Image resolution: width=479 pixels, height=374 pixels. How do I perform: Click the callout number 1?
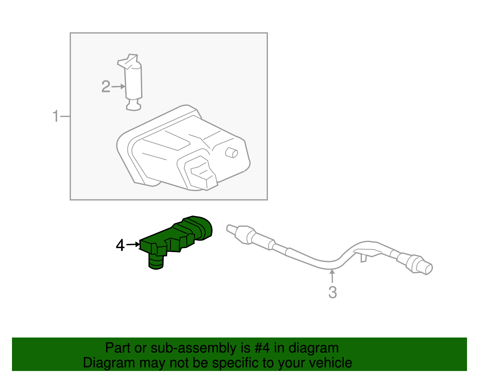pyautogui.click(x=56, y=116)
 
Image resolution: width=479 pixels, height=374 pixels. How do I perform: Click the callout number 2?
pyautogui.click(x=106, y=87)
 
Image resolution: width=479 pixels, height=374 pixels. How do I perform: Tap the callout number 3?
pyautogui.click(x=333, y=292)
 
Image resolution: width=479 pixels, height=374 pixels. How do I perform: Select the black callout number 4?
pyautogui.click(x=120, y=246)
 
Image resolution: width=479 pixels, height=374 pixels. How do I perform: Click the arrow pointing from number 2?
pyautogui.click(x=119, y=87)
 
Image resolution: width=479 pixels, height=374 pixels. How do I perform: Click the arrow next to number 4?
pyautogui.click(x=133, y=245)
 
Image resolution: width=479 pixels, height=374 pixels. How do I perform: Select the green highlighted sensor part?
pyautogui.click(x=177, y=237)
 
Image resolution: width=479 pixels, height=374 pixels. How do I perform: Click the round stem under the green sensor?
pyautogui.click(x=156, y=262)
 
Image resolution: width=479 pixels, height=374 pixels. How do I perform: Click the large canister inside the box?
pyautogui.click(x=183, y=150)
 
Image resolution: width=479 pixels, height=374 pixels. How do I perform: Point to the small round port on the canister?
pyautogui.click(x=231, y=153)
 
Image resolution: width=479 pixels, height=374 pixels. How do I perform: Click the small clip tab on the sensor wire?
pyautogui.click(x=363, y=258)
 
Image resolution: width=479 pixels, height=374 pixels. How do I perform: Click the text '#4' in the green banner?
pyautogui.click(x=262, y=348)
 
